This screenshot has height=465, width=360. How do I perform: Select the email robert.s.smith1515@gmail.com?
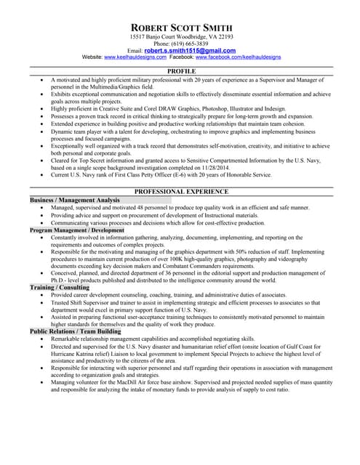coord(190,51)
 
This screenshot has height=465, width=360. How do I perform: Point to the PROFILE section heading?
coord(181,71)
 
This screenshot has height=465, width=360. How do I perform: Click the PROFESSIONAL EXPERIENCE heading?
coord(181,192)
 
